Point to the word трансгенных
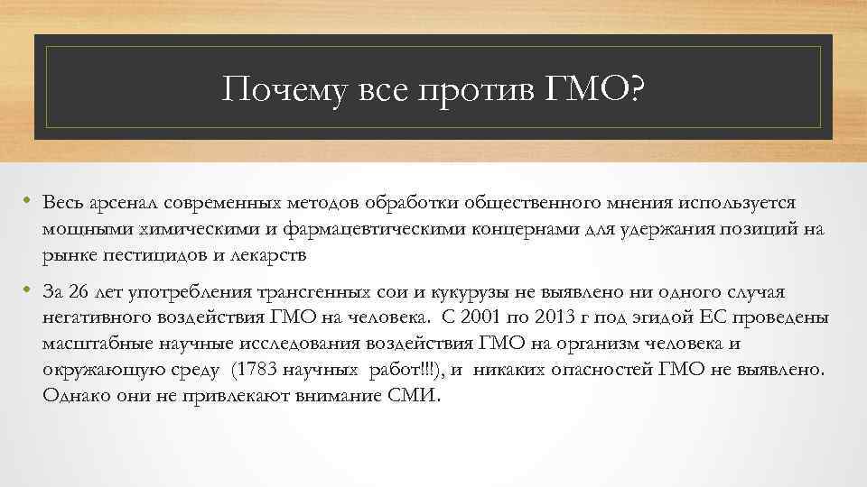click(311, 293)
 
